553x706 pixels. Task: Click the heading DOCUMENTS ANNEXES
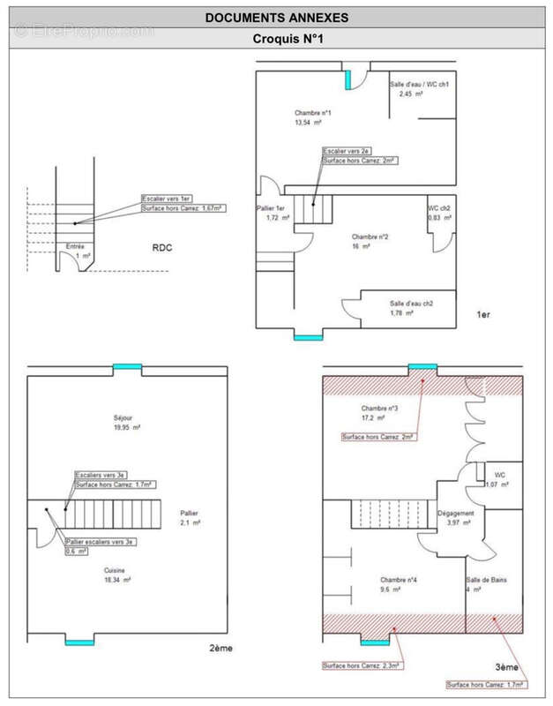276,17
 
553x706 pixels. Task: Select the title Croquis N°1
276,39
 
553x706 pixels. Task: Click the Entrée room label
75,246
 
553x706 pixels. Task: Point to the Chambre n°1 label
312,113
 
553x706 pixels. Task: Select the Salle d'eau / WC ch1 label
420,84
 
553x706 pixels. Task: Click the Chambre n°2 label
370,237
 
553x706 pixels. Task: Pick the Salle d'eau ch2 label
411,303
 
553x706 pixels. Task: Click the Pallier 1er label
269,208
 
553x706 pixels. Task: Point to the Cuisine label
116,570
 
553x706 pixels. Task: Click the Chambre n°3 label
380,409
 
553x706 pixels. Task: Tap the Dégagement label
456,514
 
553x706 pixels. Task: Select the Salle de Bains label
485,580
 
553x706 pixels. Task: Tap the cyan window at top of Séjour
127,367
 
